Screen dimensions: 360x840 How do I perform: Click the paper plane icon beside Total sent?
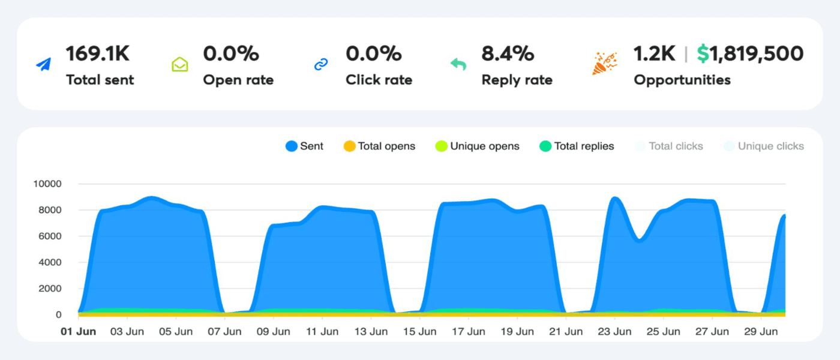(x=43, y=64)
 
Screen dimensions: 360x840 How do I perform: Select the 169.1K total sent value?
(x=97, y=53)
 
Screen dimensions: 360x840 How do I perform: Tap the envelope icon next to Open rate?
(x=180, y=64)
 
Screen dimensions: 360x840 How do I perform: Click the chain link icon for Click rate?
(x=322, y=64)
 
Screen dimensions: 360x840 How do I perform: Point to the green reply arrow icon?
(x=458, y=64)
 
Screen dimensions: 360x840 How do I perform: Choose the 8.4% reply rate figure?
(x=508, y=53)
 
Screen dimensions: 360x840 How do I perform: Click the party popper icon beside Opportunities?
(x=604, y=64)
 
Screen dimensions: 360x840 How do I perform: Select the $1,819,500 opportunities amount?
(x=750, y=53)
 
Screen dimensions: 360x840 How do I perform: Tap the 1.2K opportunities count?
(x=655, y=53)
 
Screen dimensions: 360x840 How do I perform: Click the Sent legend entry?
(x=305, y=146)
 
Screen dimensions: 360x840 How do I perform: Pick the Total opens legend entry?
(x=379, y=146)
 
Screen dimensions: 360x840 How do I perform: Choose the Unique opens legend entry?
(x=478, y=146)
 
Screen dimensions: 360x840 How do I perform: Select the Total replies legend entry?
(x=577, y=146)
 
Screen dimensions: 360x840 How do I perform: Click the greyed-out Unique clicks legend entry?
(x=764, y=146)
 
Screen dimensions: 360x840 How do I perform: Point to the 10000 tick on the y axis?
(x=47, y=184)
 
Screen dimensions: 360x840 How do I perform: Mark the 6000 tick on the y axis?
(x=50, y=236)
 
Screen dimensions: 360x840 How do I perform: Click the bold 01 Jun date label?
(x=79, y=332)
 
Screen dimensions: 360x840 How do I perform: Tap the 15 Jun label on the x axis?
(x=419, y=332)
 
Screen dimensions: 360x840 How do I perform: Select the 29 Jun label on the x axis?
(x=761, y=332)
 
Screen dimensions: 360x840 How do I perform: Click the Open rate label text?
(x=238, y=80)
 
